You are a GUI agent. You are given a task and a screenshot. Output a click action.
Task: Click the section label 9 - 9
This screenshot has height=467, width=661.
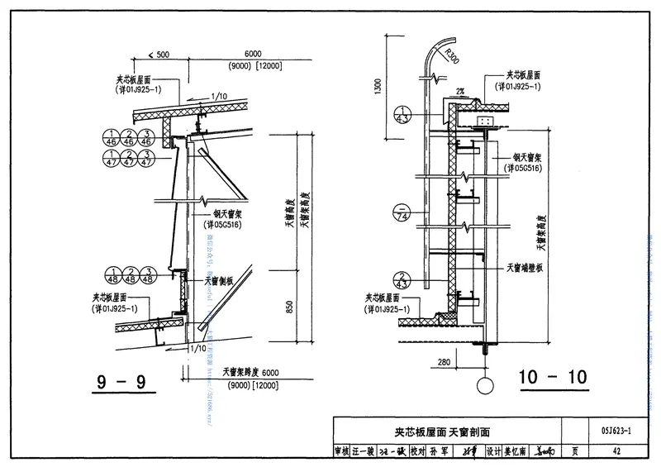pos(120,382)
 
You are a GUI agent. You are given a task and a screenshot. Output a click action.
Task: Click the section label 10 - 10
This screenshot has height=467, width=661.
pos(553,378)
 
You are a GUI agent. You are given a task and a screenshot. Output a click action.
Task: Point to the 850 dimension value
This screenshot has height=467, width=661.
pos(289,305)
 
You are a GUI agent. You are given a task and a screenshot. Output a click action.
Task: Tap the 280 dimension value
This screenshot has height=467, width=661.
pos(443,362)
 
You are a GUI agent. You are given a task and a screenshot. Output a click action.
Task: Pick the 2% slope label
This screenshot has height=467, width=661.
pos(456,93)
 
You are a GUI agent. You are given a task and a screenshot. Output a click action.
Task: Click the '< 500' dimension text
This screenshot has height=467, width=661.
pos(156,54)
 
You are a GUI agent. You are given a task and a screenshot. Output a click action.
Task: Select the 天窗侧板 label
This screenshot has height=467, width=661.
pos(221,280)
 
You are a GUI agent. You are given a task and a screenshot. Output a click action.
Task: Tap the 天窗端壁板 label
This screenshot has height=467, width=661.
pos(524,268)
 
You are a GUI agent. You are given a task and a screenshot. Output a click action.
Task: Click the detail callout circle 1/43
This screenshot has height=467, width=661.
pos(402,116)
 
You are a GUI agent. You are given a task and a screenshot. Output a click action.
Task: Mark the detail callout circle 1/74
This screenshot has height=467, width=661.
pos(402,214)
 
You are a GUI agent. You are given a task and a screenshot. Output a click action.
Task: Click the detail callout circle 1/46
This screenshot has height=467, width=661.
pos(113,137)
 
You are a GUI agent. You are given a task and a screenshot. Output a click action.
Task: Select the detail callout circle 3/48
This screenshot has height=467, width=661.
pos(150,275)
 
